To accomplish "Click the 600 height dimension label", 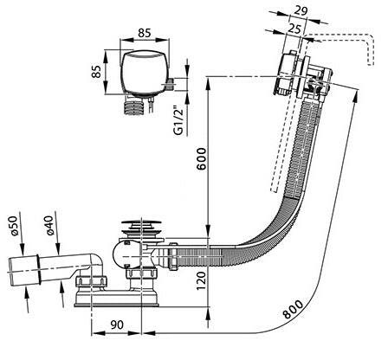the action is (x=202, y=159).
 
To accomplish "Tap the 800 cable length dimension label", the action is (x=294, y=309).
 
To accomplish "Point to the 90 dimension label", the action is (x=117, y=325).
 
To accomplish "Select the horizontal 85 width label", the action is (x=144, y=33).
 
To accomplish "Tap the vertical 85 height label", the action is (x=97, y=71).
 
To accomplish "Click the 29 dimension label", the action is (x=301, y=10).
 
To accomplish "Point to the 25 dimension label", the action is (x=294, y=29).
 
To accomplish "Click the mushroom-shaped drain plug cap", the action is (x=141, y=222).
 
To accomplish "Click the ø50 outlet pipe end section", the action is (x=23, y=271).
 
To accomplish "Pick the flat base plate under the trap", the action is (x=117, y=299).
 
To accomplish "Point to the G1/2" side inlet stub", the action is (x=170, y=83).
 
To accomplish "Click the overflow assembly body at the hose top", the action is (x=303, y=74).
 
